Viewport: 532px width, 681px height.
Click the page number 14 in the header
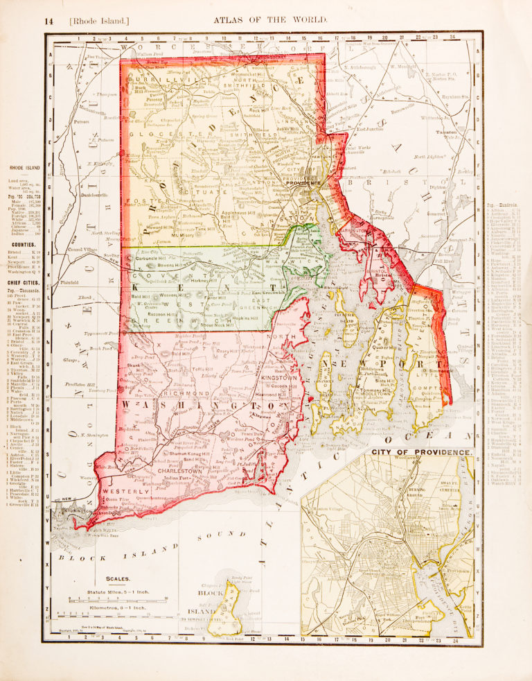tap(48, 21)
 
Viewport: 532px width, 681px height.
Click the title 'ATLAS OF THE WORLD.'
tap(269, 21)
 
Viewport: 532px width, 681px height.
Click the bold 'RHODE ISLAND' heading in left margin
tap(24, 168)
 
